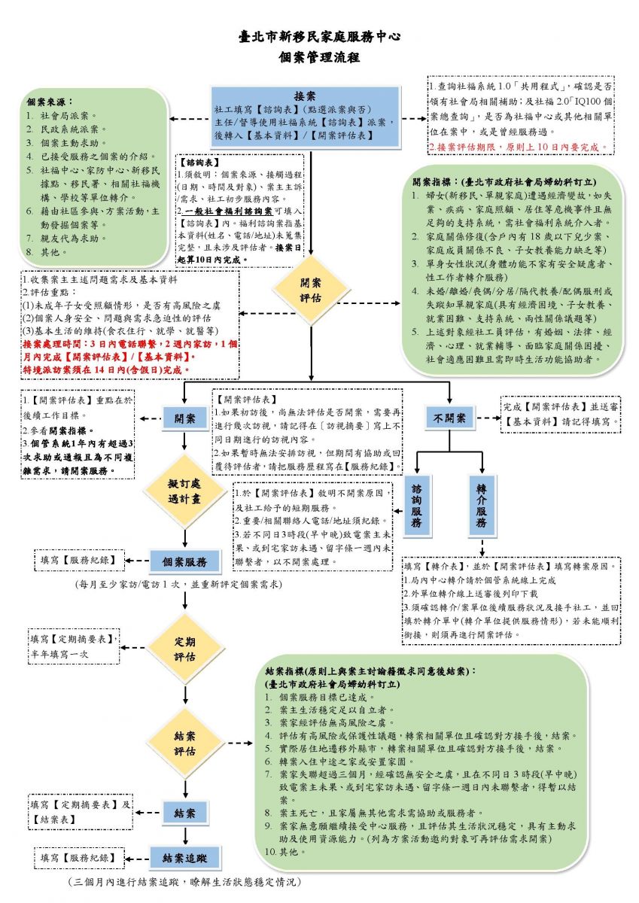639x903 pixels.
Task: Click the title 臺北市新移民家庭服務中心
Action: click(318, 35)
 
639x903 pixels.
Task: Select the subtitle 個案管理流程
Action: click(318, 57)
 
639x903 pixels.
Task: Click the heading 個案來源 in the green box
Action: click(53, 102)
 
